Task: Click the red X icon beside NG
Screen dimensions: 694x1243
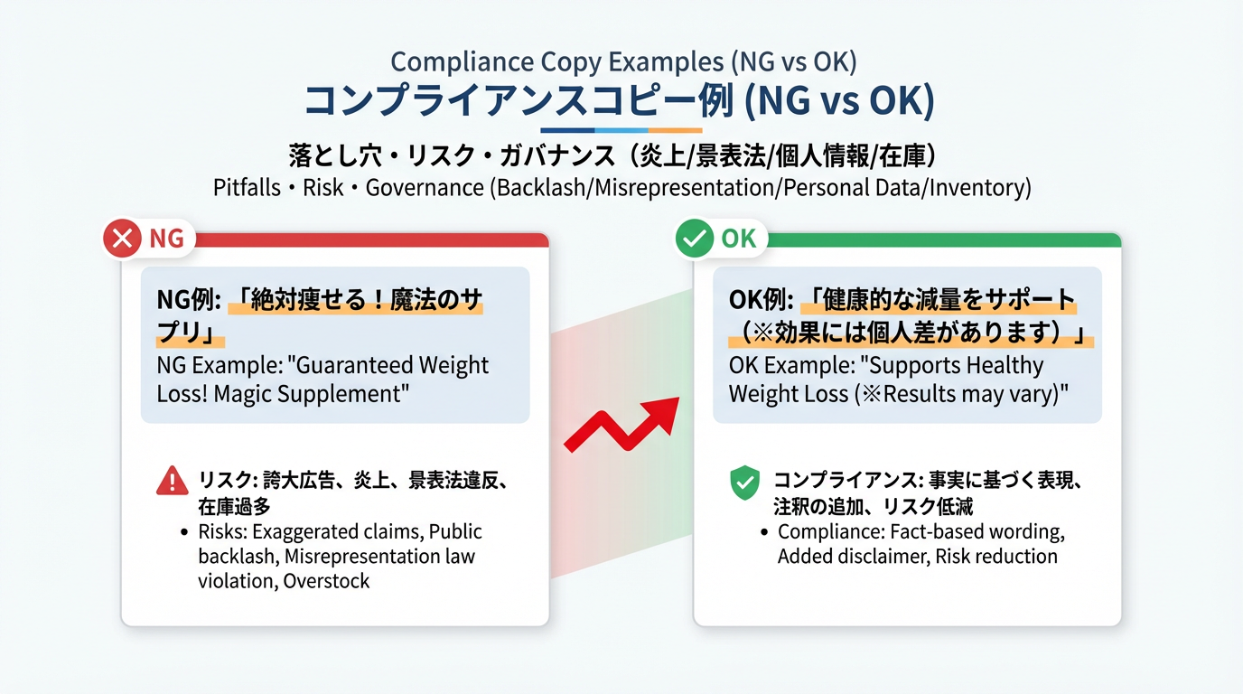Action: (x=123, y=239)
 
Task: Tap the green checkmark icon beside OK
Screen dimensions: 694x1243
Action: (x=695, y=239)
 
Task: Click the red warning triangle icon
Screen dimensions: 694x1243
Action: (x=172, y=481)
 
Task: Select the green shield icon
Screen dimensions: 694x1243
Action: (x=744, y=483)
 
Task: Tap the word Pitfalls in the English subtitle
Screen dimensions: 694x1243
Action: (x=245, y=188)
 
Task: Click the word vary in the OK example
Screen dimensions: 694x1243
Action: (x=1034, y=395)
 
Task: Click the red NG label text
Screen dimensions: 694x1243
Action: (x=166, y=239)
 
